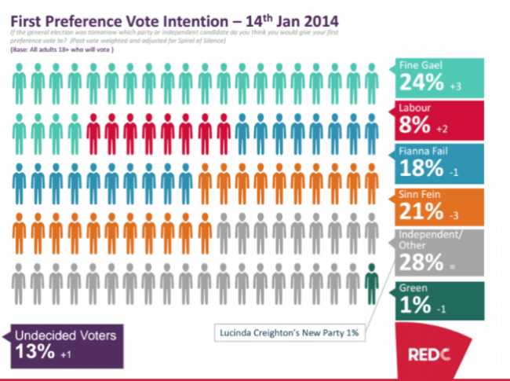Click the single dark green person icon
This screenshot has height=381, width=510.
(x=372, y=279)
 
